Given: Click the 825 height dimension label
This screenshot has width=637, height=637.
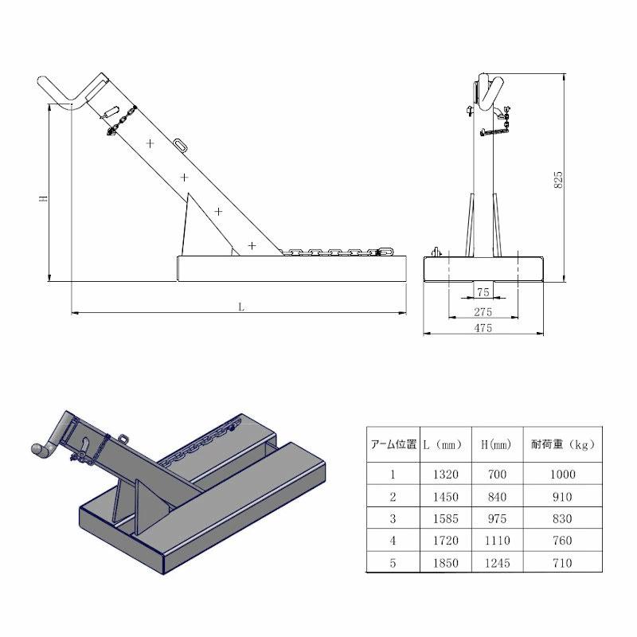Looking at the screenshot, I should tap(559, 179).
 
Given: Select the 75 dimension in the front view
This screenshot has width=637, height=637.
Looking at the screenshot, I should tap(483, 293).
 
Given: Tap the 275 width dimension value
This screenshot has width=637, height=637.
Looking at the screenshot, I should tap(483, 311).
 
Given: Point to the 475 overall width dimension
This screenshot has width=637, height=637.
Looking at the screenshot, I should tap(483, 328).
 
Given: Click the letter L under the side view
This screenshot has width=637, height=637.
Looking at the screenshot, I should tap(240, 306).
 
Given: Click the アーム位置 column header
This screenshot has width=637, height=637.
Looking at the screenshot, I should tap(393, 444).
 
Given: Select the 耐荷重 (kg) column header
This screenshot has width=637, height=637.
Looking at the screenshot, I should tap(563, 444).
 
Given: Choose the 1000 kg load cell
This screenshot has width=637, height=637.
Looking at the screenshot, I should tap(563, 474).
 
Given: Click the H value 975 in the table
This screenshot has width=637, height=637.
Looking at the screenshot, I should tap(498, 518).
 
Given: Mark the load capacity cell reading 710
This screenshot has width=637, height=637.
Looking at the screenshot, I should tap(563, 563).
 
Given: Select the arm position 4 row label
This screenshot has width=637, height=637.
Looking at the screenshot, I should tap(393, 541).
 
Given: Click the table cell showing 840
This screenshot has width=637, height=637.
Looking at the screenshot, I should tap(498, 496).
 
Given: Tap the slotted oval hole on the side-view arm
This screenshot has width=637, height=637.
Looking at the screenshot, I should tap(181, 145).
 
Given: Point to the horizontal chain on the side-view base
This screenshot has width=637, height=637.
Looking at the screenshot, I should tap(338, 252).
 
